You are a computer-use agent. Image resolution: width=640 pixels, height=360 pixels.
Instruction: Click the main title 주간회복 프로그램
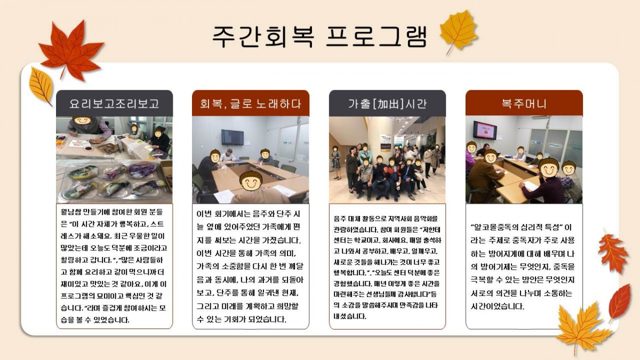(x=319, y=37)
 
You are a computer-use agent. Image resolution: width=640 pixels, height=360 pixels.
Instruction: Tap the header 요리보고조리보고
(x=114, y=103)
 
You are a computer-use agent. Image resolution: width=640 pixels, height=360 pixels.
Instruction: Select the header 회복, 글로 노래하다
(x=251, y=103)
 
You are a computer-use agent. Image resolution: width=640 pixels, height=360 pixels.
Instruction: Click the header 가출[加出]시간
(x=387, y=103)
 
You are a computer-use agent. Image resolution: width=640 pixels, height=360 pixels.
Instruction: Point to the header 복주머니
(x=524, y=103)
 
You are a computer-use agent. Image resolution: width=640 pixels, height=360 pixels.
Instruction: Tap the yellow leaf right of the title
(x=459, y=31)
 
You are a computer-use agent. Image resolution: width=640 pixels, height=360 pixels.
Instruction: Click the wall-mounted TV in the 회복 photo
(x=233, y=137)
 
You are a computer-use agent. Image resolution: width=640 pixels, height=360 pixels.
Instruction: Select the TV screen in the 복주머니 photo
(x=485, y=130)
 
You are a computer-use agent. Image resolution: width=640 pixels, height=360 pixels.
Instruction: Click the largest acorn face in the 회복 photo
(x=251, y=181)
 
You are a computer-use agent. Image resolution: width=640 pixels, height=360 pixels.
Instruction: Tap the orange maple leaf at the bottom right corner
(x=583, y=329)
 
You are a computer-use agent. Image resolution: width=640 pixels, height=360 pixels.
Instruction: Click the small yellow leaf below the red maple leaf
(x=41, y=86)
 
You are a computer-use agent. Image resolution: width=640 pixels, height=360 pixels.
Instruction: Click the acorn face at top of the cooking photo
(x=82, y=120)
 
